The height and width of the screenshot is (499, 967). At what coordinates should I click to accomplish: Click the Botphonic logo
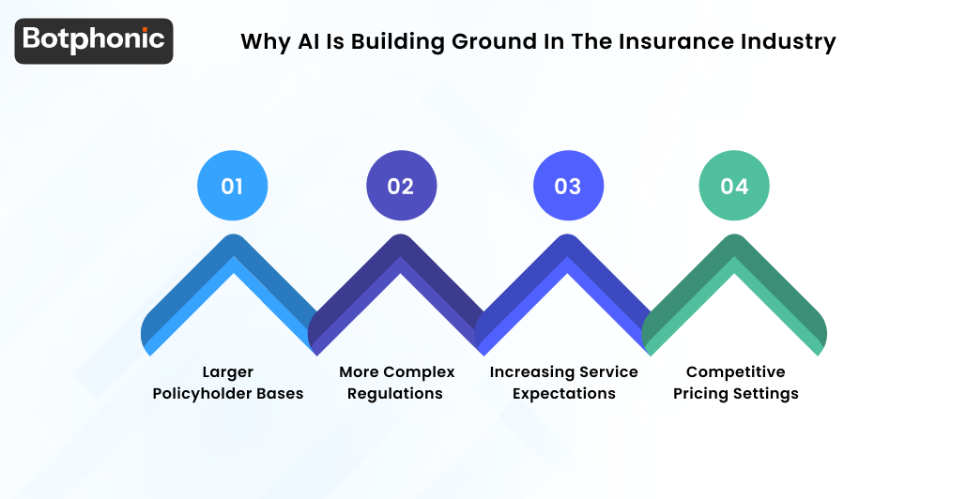pos(94,40)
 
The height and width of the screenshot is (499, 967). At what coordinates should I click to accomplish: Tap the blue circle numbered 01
pos(232,186)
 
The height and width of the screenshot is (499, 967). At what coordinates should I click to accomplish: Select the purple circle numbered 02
pos(400,186)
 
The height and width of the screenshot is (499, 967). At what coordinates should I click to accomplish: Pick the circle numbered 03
pos(567,186)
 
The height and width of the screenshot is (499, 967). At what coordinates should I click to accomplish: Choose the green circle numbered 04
pos(734,186)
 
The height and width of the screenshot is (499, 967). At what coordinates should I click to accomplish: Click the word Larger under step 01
pos(228,372)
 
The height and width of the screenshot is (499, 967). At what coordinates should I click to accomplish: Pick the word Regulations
pos(395,394)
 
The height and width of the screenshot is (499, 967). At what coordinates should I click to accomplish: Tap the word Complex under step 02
pos(418,372)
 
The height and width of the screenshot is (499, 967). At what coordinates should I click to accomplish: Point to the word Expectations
pos(563,394)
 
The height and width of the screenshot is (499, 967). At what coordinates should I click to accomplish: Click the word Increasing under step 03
pos(531,372)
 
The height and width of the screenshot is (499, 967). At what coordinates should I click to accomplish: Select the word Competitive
pos(735,372)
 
